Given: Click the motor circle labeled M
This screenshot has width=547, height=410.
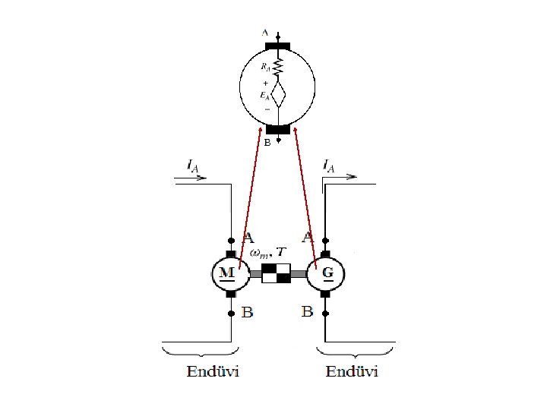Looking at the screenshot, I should [x=230, y=273].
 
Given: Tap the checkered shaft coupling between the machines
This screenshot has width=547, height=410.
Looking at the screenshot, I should [x=277, y=273].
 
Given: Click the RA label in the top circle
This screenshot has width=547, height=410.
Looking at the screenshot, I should [x=265, y=67].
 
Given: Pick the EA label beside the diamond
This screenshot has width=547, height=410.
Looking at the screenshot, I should [x=264, y=95].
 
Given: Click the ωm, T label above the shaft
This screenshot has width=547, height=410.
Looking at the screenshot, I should [x=268, y=252].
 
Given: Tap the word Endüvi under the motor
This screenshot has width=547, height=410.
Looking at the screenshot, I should [x=213, y=371].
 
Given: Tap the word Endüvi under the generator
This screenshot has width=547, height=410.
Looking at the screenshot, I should [x=353, y=371].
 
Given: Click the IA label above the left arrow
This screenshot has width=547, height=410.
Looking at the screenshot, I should [x=193, y=165].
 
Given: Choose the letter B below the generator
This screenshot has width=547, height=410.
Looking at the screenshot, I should [x=307, y=311].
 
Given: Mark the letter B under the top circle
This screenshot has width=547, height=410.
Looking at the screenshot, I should [x=267, y=142].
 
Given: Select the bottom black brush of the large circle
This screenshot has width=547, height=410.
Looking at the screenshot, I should [x=278, y=129].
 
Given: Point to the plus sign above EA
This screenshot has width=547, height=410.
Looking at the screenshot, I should [x=265, y=83].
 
